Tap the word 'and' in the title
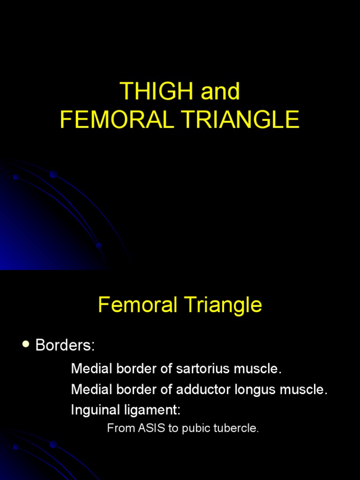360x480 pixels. [x=220, y=92]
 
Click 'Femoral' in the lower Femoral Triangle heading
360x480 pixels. [x=136, y=306]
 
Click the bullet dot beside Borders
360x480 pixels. [x=26, y=345]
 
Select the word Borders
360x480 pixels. [x=65, y=346]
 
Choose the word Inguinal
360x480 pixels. [x=92, y=411]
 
